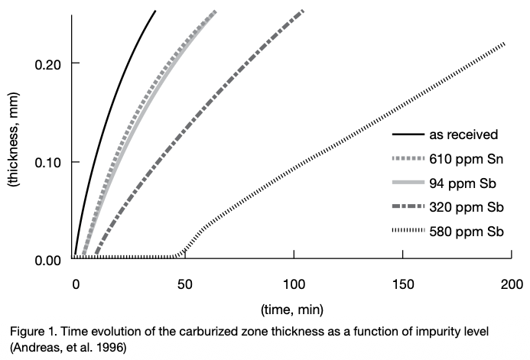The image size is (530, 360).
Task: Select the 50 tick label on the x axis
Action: coord(184,283)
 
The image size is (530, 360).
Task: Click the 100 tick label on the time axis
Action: coord(294,283)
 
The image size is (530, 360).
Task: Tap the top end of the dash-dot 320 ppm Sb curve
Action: coord(303,11)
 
